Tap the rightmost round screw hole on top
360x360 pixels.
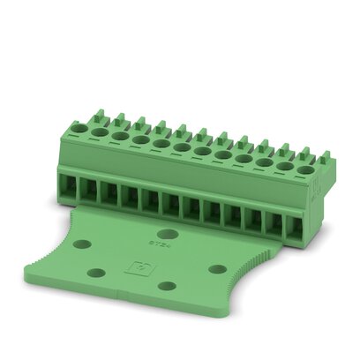(x=304, y=169)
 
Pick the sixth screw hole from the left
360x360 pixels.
(x=181, y=146)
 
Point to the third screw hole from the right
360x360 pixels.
(x=264, y=161)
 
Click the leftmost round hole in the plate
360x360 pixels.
(x=82, y=244)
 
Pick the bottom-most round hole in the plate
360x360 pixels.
(x=166, y=287)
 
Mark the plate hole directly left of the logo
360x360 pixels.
(x=98, y=271)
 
